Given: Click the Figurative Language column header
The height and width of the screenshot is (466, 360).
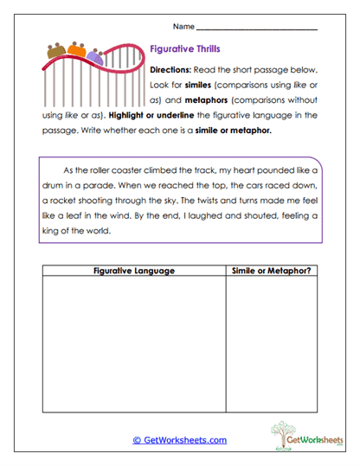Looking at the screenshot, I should click(134, 271).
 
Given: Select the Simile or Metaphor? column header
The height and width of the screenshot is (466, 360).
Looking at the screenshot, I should click(271, 271).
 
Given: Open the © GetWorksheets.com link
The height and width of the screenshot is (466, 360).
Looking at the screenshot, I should click(180, 440).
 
